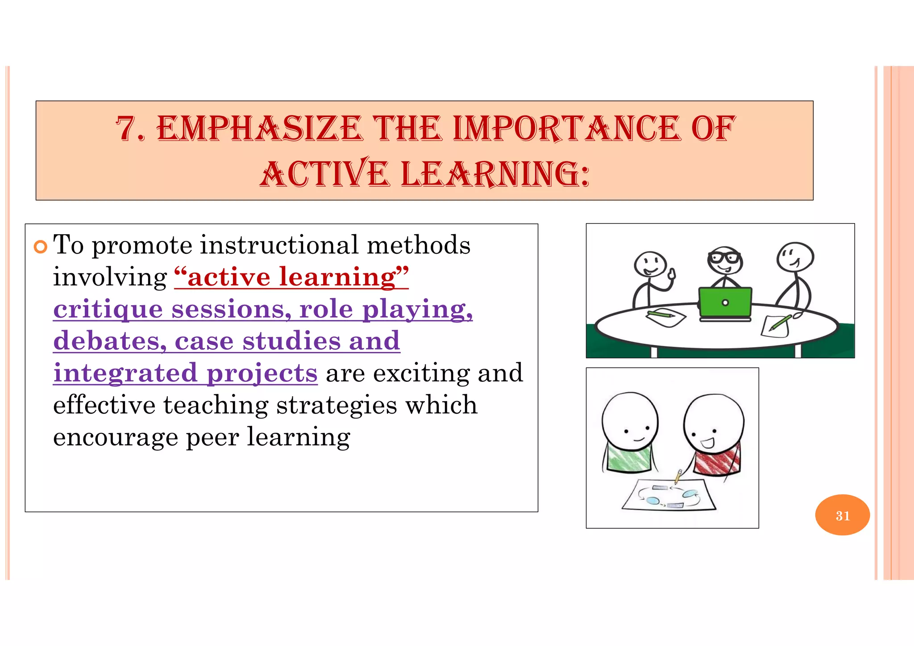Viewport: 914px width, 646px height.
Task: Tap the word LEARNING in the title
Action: (495, 174)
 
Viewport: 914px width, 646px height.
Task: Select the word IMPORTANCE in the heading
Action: (567, 128)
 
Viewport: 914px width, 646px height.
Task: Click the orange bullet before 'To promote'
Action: (41, 247)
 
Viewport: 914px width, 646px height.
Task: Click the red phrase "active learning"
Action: (291, 277)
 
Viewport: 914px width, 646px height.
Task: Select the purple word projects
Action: (262, 373)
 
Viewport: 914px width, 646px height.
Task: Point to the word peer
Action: (212, 437)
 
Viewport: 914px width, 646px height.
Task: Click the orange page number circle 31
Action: (842, 515)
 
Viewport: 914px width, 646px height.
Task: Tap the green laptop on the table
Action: (725, 303)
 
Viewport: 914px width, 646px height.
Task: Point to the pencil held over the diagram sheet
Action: (678, 476)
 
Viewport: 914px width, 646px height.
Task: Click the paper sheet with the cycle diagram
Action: (668, 495)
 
